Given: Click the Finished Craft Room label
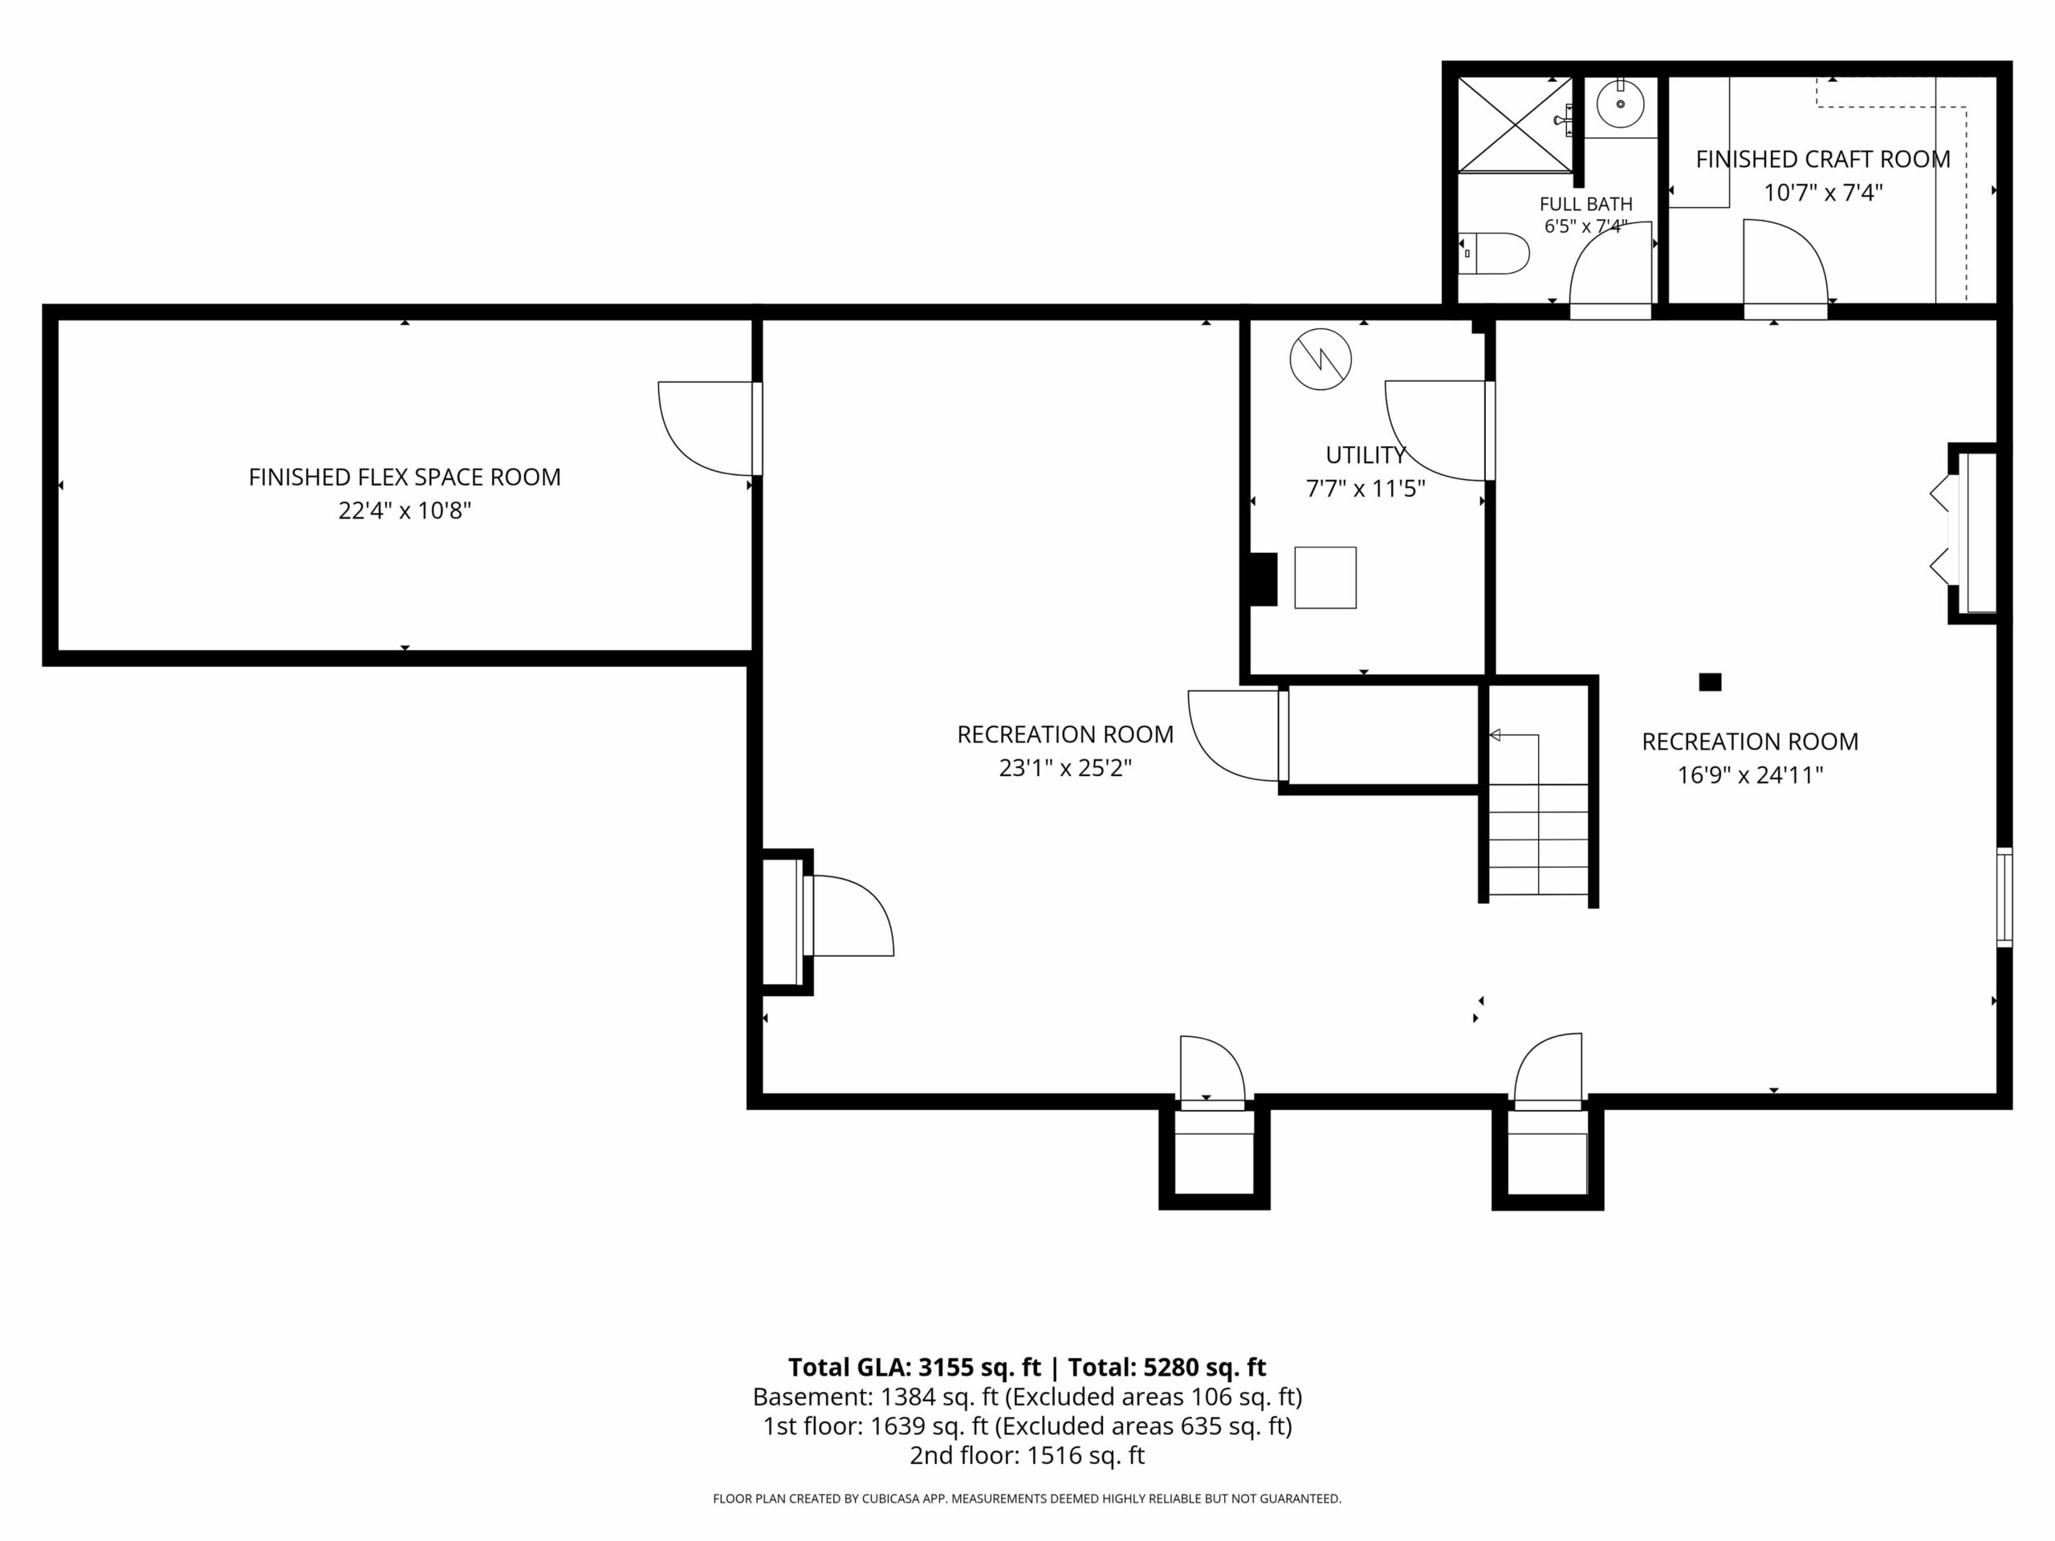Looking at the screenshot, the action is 1823,159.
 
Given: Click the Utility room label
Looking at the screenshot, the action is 1365,455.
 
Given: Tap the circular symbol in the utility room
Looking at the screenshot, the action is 1320,360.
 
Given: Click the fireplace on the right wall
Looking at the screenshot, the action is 1972,533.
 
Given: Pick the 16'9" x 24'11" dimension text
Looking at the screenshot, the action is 1750,775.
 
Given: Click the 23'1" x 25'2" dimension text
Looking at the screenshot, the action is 1065,768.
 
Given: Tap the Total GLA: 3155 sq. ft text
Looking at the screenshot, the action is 914,1368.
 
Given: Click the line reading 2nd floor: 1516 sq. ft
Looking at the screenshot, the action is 1027,1456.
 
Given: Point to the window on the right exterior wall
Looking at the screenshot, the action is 2005,897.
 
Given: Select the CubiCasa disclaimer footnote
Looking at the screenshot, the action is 1027,1498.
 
